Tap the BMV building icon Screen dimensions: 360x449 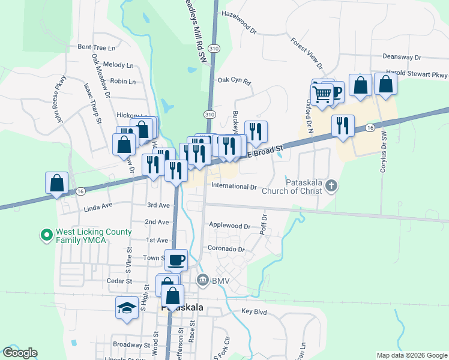[203, 280]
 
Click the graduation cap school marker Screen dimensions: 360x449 [127, 308]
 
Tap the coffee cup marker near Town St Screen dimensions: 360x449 [176, 260]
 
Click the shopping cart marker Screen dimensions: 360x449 [322, 94]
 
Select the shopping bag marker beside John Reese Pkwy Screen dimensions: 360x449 [56, 182]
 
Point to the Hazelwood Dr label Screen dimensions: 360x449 [239, 13]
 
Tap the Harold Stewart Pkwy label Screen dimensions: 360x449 [417, 75]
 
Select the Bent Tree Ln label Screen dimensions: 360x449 [96, 47]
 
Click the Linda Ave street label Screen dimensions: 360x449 [99, 205]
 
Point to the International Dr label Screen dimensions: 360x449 [234, 187]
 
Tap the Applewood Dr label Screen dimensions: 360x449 [229, 226]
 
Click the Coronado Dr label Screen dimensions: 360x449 [226, 249]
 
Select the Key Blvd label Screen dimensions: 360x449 [253, 311]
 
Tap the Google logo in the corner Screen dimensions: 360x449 [20, 353]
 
